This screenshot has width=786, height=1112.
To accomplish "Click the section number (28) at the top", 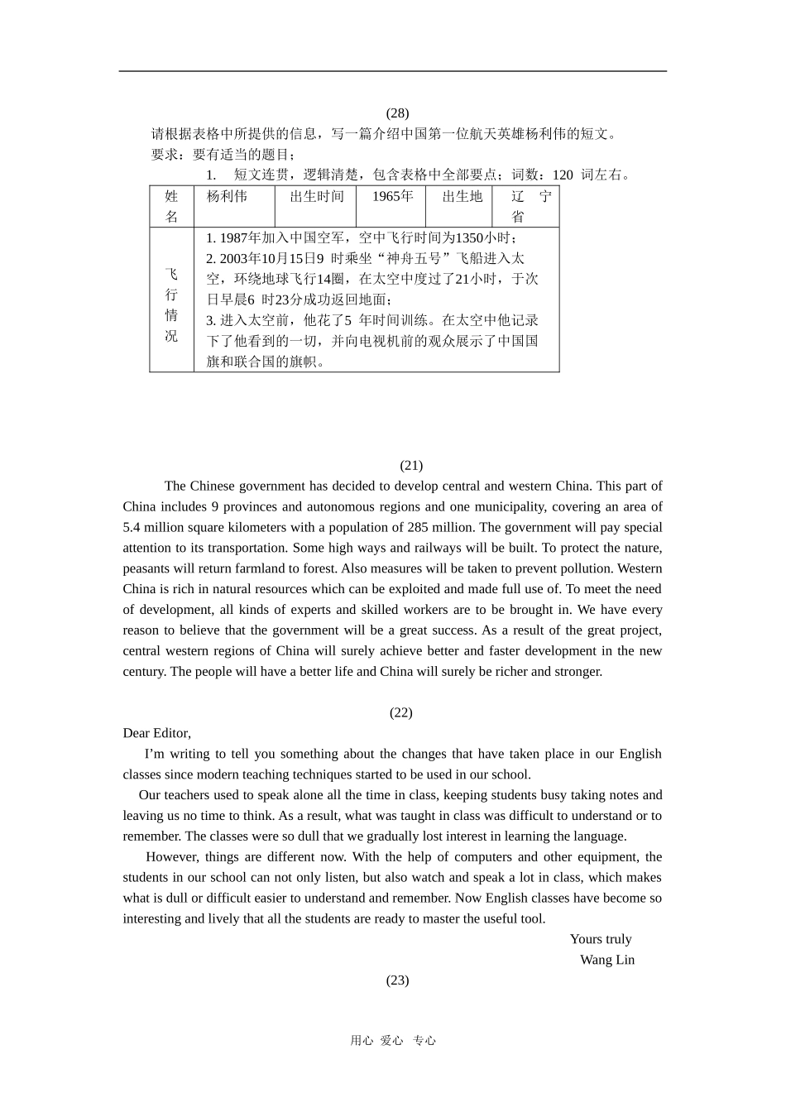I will [397, 113].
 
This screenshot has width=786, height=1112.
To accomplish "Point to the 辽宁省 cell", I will [526, 206].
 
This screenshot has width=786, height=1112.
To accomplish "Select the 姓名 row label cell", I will [171, 206].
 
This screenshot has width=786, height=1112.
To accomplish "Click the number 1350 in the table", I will [469, 237].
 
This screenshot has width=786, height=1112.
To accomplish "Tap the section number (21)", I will [411, 465].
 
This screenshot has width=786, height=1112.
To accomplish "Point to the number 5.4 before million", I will [132, 527].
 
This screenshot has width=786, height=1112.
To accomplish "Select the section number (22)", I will [400, 712].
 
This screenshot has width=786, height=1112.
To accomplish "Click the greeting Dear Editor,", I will [157, 732].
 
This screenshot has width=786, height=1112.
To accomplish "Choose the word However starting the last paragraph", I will [173, 856].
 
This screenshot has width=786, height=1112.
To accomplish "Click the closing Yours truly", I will [601, 938].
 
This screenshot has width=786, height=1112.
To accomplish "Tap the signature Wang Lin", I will [607, 959].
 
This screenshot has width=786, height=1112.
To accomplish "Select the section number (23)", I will [397, 980].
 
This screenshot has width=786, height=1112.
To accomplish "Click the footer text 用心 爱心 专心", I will [393, 1040].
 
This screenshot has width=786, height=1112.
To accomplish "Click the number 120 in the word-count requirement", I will [563, 175].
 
